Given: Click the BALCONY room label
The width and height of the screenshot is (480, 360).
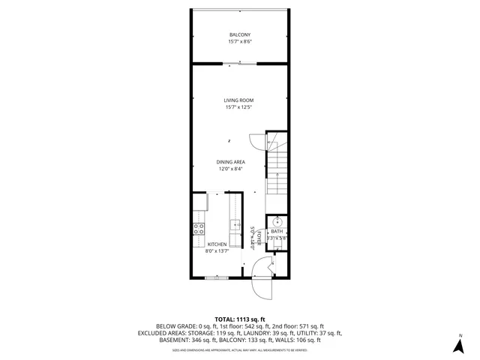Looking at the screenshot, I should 239,34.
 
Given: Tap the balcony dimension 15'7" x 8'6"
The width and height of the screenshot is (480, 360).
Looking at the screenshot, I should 239,42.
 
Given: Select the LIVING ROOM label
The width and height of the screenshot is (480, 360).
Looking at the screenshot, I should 238,100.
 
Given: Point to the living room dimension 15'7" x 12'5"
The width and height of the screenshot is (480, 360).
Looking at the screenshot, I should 238,108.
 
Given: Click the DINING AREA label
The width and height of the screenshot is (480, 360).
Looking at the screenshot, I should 230,162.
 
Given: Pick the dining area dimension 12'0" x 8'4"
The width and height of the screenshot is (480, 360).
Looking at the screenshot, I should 230,169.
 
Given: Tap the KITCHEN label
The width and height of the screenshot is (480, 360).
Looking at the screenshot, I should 217,244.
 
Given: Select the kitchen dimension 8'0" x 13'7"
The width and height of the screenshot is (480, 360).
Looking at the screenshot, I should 217,251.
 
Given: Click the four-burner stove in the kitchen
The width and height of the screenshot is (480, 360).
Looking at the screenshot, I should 199,229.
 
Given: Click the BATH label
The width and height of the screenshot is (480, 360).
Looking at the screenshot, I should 277,232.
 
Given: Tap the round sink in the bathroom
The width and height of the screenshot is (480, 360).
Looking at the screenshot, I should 277,220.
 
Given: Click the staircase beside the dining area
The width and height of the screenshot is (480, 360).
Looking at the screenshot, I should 277,169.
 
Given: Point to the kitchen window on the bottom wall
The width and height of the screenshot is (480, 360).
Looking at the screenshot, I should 217,277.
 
